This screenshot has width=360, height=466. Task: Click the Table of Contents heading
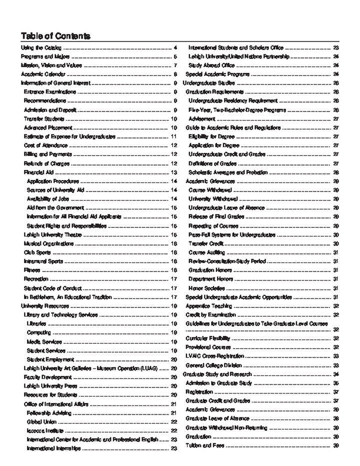click(55, 36)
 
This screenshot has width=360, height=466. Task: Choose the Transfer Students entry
click(44, 119)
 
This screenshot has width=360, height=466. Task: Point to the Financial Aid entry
click(38, 172)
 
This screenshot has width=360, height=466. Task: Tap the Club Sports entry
click(37, 252)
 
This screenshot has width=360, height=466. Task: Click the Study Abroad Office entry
click(211, 65)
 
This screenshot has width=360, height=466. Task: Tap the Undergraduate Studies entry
click(206, 83)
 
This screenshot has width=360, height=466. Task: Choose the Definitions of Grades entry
click(212, 163)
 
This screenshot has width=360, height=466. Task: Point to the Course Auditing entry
click(206, 252)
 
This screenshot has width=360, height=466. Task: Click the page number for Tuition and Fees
click(336, 445)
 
